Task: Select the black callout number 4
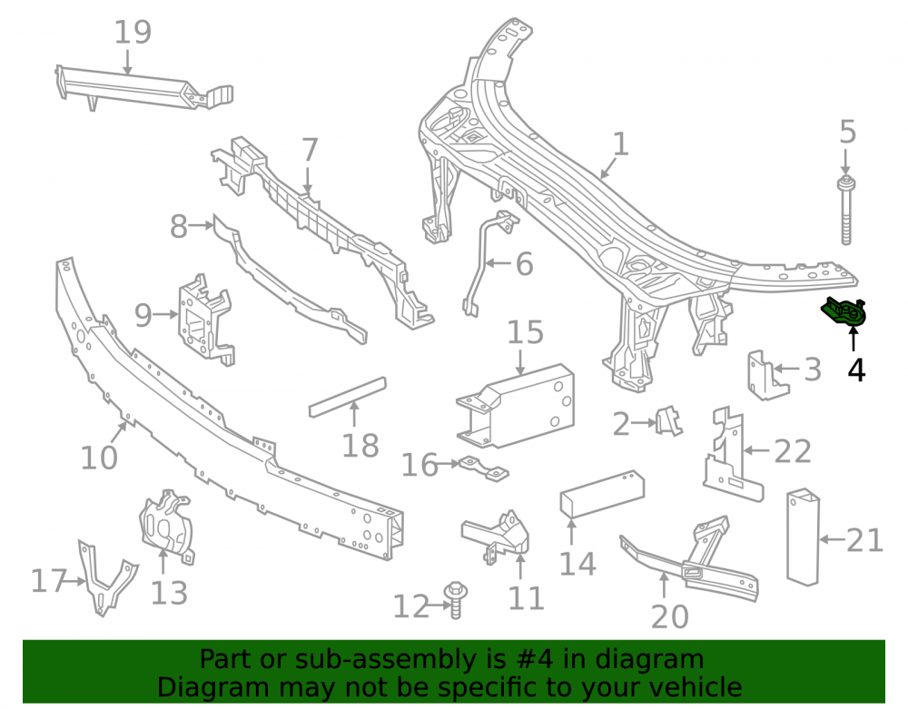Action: (x=856, y=369)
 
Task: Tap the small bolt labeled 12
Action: (x=455, y=600)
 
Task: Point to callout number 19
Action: (x=133, y=33)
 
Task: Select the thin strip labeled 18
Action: (x=348, y=397)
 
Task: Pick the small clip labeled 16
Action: (x=483, y=468)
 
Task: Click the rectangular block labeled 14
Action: (x=602, y=494)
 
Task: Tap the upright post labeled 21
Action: (x=804, y=537)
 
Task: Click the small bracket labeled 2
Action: (x=668, y=420)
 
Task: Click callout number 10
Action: (x=98, y=458)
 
